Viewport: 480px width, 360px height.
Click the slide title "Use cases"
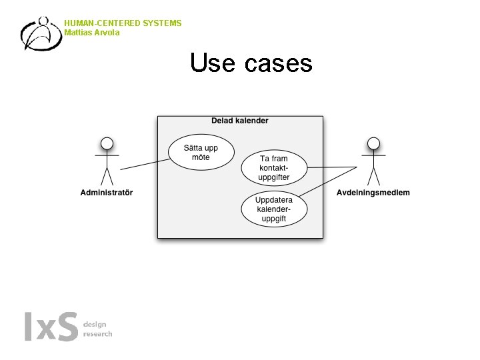click(x=251, y=63)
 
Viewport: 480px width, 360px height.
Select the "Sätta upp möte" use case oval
click(x=201, y=152)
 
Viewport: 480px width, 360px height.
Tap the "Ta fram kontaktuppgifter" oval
click(x=273, y=167)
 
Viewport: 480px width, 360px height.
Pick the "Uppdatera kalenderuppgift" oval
click(x=274, y=208)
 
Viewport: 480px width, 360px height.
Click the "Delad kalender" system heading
click(x=240, y=121)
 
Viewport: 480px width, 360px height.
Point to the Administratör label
click(x=107, y=193)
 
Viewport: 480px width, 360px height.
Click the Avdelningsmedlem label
click(x=373, y=193)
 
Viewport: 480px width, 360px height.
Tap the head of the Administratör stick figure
click(x=107, y=143)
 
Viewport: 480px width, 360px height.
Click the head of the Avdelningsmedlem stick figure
click(x=374, y=143)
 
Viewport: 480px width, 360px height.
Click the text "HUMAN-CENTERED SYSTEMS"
click(x=123, y=23)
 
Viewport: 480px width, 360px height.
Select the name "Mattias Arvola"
click(x=92, y=33)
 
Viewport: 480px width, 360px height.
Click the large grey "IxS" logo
click(x=51, y=327)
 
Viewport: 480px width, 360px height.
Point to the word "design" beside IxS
click(x=95, y=324)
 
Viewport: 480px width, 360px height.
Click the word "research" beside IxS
click(x=97, y=333)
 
